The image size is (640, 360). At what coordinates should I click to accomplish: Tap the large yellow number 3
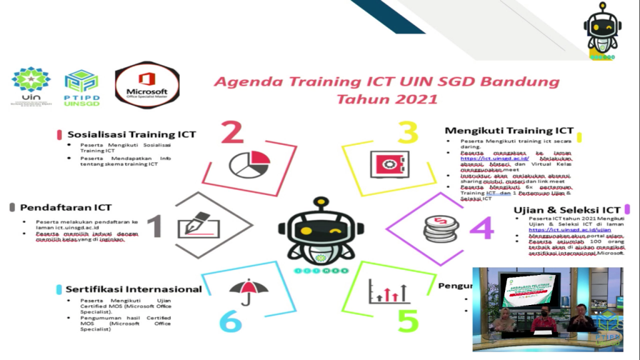(x=407, y=133)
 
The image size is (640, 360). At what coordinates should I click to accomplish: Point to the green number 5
(x=407, y=321)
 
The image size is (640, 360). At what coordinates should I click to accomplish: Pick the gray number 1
(x=154, y=226)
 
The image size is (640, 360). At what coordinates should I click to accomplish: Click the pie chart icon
(x=249, y=163)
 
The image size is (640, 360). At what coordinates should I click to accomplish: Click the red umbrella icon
(x=249, y=291)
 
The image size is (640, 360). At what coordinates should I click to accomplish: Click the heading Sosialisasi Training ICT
(x=131, y=134)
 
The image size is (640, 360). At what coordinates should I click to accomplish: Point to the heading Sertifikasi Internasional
(x=134, y=289)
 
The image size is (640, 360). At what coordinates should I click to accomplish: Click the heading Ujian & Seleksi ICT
(x=567, y=209)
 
